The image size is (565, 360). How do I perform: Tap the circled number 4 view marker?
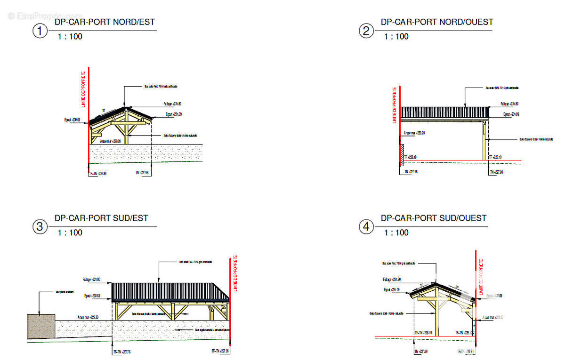(x=366, y=227)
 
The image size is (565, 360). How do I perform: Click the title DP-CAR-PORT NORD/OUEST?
(x=436, y=22)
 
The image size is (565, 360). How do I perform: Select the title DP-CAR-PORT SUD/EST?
(x=101, y=218)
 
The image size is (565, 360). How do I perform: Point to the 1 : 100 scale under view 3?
(x=70, y=232)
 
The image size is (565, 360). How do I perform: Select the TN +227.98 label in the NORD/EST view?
(x=142, y=173)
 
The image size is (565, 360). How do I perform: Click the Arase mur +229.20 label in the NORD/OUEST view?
(x=414, y=133)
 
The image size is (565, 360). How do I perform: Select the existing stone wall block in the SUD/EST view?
(x=41, y=326)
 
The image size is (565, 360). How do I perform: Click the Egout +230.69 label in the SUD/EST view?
(x=92, y=296)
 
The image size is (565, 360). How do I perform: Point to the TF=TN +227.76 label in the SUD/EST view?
(x=121, y=352)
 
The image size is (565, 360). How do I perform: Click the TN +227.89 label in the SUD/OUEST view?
(x=420, y=352)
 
